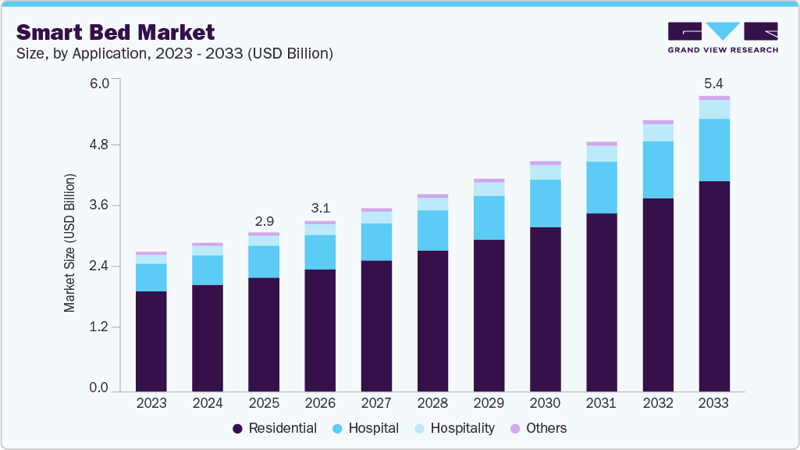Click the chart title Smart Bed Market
pos(115,32)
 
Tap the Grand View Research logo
pos(722,37)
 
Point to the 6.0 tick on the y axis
pos(99,83)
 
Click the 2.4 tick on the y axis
pos(99,266)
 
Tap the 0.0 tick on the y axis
pos(99,388)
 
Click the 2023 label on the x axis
pos(151,403)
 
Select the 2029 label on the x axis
pos(489,403)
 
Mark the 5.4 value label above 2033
pos(714,83)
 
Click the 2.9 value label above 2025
pos(264,221)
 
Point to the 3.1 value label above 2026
pos(320,209)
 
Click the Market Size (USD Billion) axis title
pos(70,244)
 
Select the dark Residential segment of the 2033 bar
pos(714,286)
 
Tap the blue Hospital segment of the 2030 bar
pos(545,203)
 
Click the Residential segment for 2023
pos(151,341)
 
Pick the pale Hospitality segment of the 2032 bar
pos(658,133)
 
